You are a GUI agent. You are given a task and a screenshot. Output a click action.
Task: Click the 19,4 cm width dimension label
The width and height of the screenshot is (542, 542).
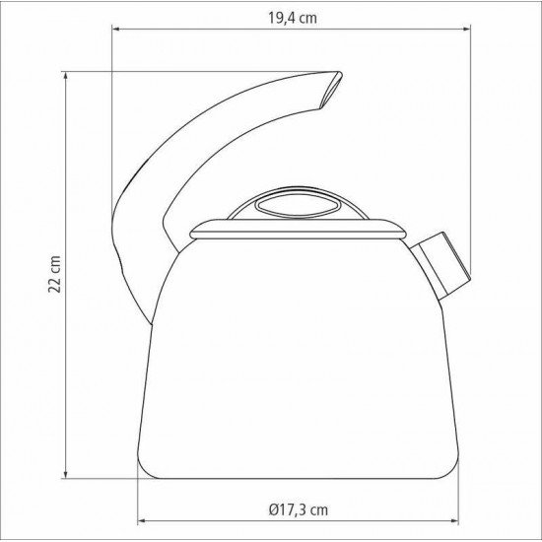(293, 18)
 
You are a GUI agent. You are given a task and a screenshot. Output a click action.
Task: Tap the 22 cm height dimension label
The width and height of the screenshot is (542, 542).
(54, 274)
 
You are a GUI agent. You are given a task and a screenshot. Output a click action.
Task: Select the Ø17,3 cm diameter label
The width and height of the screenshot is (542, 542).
(298, 509)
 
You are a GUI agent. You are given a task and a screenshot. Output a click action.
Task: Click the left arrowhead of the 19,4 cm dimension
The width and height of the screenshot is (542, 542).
(116, 29)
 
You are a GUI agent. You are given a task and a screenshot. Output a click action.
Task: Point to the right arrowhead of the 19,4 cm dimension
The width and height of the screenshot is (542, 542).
(466, 29)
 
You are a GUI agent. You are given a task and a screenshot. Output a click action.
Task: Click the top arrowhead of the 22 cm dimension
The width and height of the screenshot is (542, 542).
(66, 76)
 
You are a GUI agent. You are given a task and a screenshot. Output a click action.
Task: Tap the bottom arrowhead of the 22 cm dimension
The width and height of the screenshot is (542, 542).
(66, 475)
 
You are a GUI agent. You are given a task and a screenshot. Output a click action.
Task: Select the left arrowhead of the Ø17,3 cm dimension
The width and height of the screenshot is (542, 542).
(142, 520)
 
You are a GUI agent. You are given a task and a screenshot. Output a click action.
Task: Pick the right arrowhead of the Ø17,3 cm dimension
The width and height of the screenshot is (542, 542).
(454, 520)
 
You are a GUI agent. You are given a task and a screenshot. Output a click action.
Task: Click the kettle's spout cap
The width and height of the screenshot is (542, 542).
(440, 265)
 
